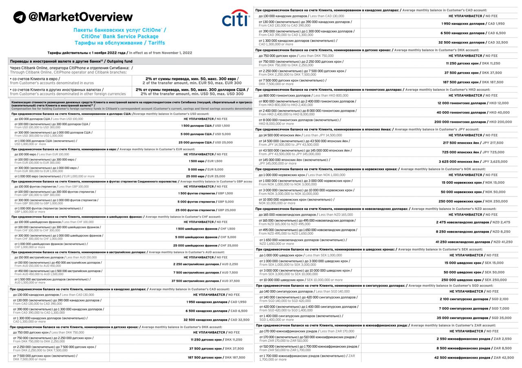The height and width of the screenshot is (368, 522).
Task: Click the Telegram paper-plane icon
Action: pyautogui.click(x=20, y=17)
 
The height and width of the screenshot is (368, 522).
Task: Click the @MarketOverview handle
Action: pyautogui.click(x=80, y=17)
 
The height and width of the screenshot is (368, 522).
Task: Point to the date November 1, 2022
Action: pyautogui.click(x=172, y=53)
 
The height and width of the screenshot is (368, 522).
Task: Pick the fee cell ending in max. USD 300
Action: pyautogui.click(x=192, y=92)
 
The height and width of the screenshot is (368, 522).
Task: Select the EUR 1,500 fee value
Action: pyautogui.click(x=215, y=161)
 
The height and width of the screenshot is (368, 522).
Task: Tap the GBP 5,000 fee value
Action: pyautogui.click(x=226, y=201)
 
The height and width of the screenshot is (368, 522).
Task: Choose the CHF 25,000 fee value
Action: pyautogui.click(x=229, y=245)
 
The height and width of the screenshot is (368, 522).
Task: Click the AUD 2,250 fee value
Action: pyautogui.click(x=228, y=264)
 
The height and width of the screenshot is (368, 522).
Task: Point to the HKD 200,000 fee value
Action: pyautogui.click(x=500, y=121)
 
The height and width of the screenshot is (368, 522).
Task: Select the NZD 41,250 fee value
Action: pyautogui.click(x=502, y=242)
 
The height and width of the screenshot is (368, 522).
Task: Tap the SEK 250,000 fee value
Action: pyautogui.click(x=495, y=280)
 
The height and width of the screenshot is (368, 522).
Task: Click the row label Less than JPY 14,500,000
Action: pyautogui.click(x=323, y=135)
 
